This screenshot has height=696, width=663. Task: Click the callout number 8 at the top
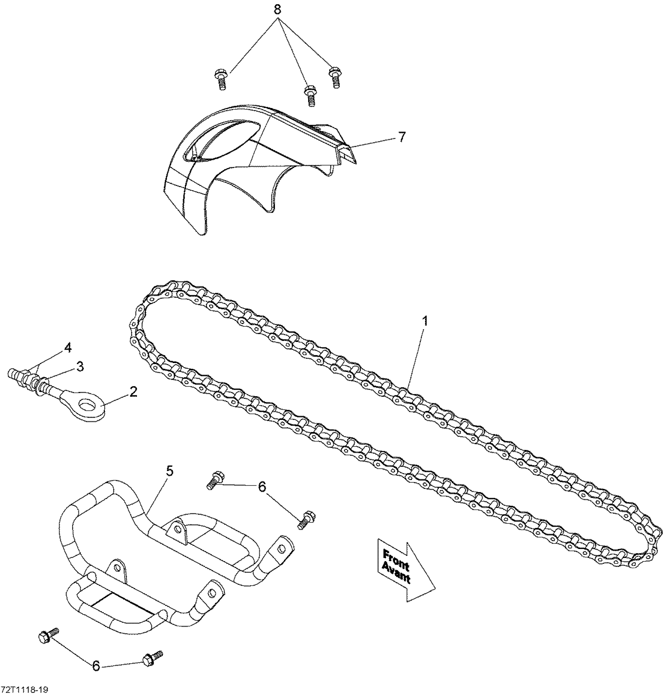277,10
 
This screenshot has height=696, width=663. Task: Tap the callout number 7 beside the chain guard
402,137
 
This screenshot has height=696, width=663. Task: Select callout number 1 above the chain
425,321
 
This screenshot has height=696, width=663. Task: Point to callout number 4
68,347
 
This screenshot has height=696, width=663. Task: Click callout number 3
80,367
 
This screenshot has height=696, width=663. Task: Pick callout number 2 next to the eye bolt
133,392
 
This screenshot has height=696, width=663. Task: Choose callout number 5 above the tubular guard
169,471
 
